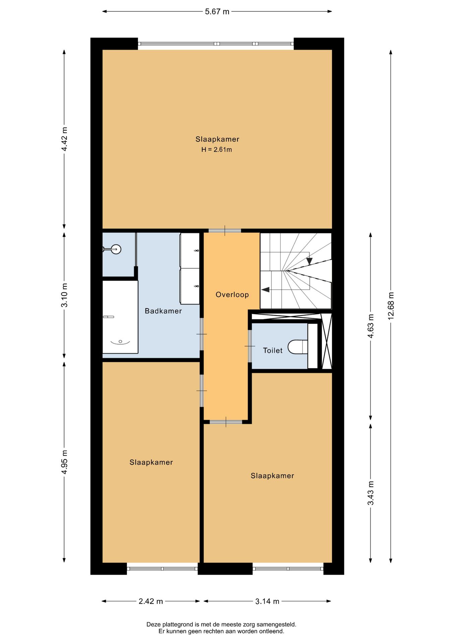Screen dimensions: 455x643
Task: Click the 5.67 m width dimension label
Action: pos(217,12)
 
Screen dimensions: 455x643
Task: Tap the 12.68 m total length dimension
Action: pos(391,306)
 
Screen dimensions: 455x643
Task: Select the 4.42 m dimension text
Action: pos(64,139)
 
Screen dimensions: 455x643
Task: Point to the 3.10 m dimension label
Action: pos(64,295)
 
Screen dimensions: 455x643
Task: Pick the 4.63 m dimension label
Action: pos(371,326)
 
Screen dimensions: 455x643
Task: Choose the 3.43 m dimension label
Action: pos(371,493)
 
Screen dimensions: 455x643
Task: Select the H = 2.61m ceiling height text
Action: pos(216,150)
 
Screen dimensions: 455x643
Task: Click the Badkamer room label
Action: pos(163,311)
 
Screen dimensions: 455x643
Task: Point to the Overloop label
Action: pos(232,295)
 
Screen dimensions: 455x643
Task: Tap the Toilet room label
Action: pos(273,350)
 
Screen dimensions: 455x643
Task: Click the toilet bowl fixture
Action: pos(298,347)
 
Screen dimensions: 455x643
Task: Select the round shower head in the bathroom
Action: pos(116,249)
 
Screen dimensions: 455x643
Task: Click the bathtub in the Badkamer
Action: pos(120,317)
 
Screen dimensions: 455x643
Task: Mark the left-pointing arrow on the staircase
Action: pos(265,290)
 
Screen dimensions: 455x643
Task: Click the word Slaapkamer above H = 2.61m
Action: pos(217,139)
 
